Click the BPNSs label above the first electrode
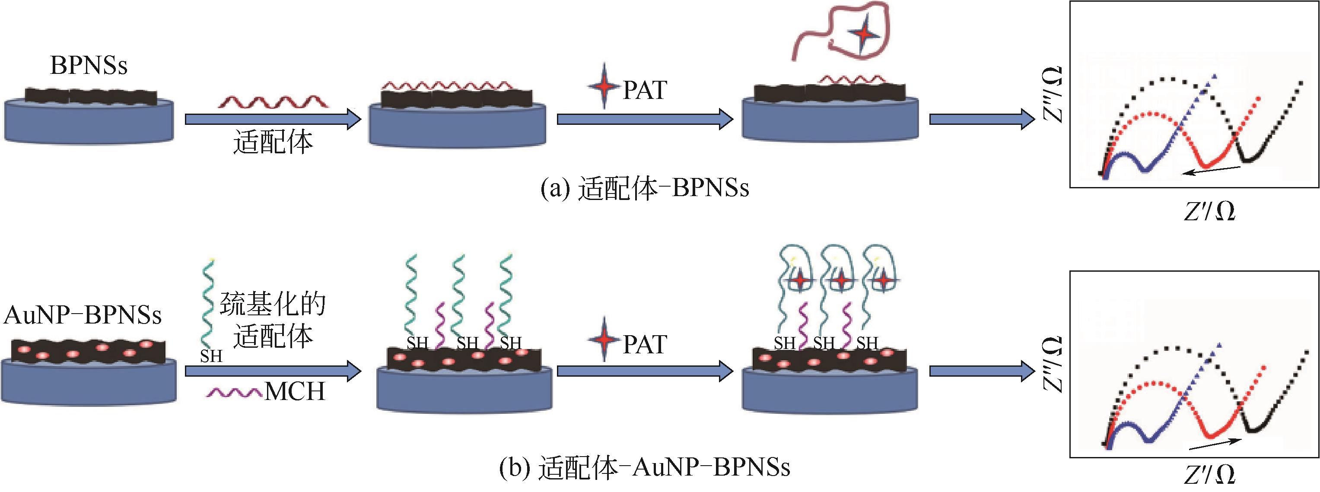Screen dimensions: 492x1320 pyautogui.click(x=89, y=66)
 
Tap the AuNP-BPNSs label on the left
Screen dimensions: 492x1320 pyautogui.click(x=83, y=314)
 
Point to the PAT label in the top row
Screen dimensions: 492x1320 pyautogui.click(x=645, y=91)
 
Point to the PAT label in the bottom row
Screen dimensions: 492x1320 pyautogui.click(x=645, y=344)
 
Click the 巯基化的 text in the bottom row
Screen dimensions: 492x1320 pyautogui.click(x=273, y=305)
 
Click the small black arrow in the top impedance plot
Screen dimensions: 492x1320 pyautogui.click(x=1212, y=171)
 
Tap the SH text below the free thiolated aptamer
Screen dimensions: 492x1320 pyautogui.click(x=211, y=356)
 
